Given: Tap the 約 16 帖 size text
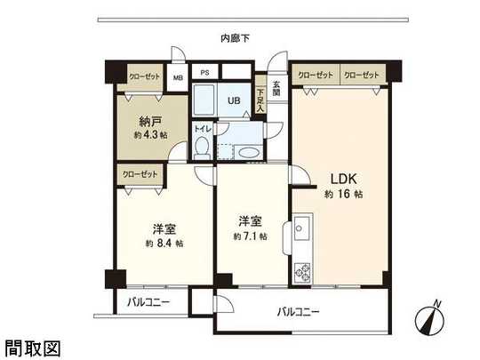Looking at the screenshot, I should point(342,194).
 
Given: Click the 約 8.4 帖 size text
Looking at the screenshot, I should point(164,242).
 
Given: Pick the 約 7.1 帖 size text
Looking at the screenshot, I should point(250,236).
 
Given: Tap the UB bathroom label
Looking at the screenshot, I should point(234,100).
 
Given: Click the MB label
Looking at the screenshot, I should point(178,77).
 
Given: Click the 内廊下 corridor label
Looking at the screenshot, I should point(236,38).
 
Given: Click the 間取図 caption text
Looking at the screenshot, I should point(32,347).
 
